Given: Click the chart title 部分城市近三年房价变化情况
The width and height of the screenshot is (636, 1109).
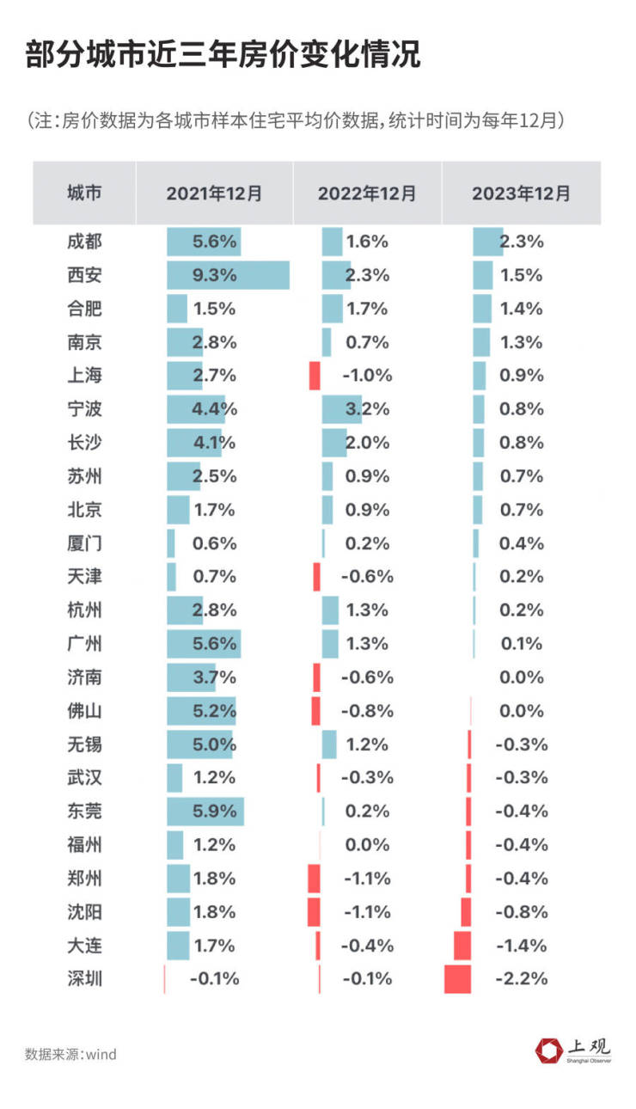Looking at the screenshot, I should pos(223,55).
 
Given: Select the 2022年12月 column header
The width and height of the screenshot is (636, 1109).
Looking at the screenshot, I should pos(367,193).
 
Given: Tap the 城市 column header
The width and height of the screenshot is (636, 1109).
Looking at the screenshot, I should pos(84,193).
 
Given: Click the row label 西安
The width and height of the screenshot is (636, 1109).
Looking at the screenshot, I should pos(84,275).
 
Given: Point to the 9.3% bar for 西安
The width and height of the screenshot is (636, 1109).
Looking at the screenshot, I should pos(228,275).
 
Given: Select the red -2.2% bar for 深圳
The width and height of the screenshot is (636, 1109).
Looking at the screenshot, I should pos(458,979).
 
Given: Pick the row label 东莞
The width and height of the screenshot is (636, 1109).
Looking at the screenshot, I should pos(84,811).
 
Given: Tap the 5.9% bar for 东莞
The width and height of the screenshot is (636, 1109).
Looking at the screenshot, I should pos(205,811).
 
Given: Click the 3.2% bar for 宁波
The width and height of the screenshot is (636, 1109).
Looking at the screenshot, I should pos(341,409).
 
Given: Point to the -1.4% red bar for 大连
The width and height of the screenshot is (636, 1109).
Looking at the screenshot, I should pos(462,946).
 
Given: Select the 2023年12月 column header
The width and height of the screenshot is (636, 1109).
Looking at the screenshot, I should pos(521,193).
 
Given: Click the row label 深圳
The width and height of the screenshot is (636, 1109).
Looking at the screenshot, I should pos(84,978).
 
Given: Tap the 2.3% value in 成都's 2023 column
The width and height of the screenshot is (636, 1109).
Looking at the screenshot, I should pos(522,242).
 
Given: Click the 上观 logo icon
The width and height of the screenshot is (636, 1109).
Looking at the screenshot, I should pos(547,1051).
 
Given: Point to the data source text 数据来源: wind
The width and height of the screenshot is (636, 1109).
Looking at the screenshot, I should pos(70,1054).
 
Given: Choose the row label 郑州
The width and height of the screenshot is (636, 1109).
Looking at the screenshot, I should pos(84,878).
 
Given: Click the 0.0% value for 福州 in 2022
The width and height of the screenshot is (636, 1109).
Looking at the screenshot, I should pos(367,844).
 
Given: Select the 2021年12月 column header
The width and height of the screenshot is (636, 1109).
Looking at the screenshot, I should pos(214,193).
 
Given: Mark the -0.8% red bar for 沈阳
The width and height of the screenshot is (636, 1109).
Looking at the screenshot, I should pos(466,912).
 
